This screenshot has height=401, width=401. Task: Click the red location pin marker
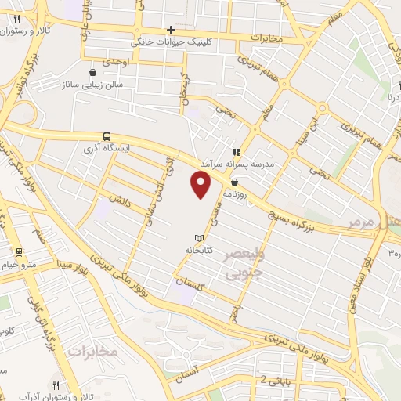[201, 185]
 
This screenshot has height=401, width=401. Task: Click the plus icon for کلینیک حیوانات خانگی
[170, 30]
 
